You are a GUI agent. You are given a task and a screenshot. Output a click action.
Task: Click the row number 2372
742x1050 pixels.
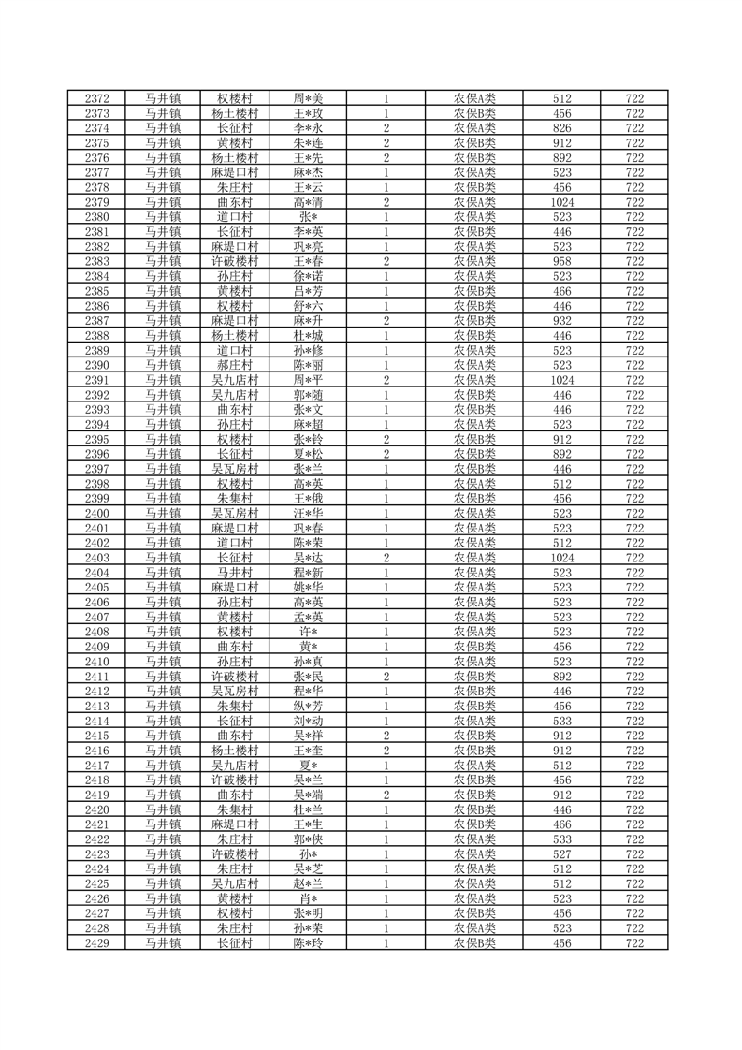tap(98, 98)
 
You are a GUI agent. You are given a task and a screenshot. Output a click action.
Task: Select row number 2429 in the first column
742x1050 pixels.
tap(98, 943)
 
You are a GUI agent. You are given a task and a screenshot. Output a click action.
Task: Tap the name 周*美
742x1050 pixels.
tap(308, 98)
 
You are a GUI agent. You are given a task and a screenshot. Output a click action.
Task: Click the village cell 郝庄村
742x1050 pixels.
tap(234, 365)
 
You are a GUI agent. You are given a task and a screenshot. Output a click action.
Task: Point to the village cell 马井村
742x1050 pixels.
tap(234, 573)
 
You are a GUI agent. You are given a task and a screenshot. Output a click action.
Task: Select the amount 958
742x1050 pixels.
tap(562, 261)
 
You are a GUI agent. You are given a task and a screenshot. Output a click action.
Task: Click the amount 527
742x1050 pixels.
tap(562, 854)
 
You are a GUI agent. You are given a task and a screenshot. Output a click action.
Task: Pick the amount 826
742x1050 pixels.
tap(562, 128)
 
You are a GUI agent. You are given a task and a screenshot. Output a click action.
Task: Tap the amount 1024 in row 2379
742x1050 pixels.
tap(562, 202)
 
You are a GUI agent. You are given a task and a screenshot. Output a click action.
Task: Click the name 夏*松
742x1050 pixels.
tap(308, 454)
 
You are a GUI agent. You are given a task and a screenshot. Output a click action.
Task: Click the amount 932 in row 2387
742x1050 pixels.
tap(562, 321)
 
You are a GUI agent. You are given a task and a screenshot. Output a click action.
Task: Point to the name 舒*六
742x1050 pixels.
tap(308, 306)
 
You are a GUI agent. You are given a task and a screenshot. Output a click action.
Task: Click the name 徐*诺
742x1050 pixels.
tap(308, 276)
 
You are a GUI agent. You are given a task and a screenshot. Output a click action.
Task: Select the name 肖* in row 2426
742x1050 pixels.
tap(308, 899)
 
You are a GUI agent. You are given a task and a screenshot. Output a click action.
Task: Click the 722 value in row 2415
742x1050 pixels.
tap(634, 736)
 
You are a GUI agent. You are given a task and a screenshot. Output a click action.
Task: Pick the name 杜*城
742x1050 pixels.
tap(308, 336)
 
